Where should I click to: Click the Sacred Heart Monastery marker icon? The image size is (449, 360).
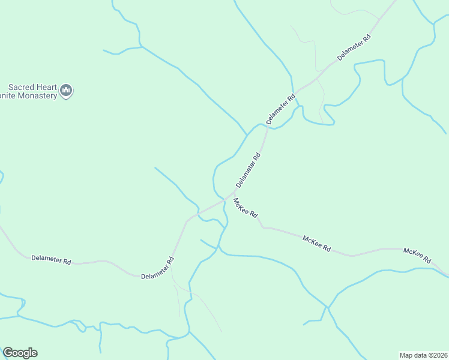[x=67, y=91]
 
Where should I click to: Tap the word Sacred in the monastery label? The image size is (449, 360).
[x=21, y=86]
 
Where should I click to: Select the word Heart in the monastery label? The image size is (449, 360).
[x=47, y=86]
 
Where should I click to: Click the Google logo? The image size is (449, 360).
[x=20, y=353]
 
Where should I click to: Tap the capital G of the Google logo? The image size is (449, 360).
[x=8, y=352]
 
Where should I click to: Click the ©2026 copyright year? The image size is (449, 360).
[x=438, y=355]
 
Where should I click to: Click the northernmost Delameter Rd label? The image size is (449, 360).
[x=354, y=47]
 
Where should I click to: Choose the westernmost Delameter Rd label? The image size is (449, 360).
[x=51, y=260]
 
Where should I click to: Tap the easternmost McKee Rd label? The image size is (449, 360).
[x=417, y=256]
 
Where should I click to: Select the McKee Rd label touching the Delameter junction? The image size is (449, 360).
[x=246, y=208]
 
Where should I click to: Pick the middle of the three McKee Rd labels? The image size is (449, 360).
[x=316, y=243]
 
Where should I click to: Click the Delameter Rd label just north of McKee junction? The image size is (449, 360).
[x=248, y=170]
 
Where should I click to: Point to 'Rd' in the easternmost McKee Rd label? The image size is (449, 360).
[x=427, y=259]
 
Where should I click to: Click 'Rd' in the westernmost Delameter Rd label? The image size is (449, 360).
[x=66, y=262]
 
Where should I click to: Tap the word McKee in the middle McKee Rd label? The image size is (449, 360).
[x=312, y=241]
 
